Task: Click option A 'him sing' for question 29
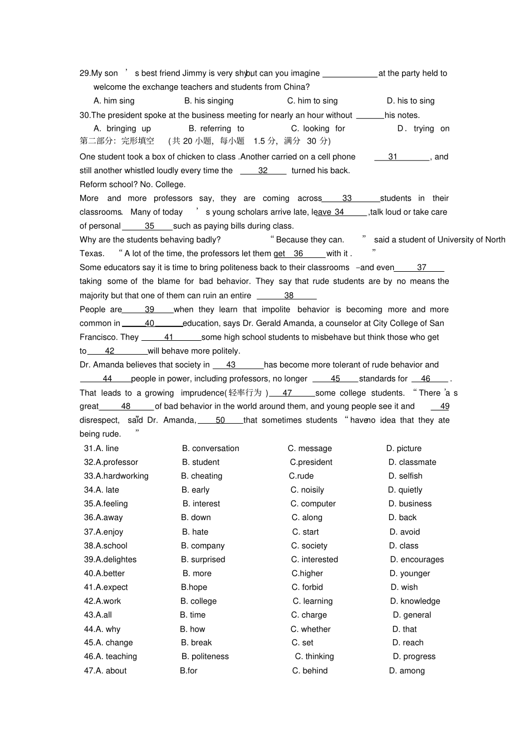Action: pos(114,101)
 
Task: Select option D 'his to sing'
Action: pos(410,101)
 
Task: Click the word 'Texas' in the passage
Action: pos(91,253)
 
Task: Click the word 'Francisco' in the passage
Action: pos(99,337)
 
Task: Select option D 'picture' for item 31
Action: pos(404,448)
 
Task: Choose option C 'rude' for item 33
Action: pos(301,476)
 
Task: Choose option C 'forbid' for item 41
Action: pos(307,587)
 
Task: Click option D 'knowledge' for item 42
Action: pos(415,601)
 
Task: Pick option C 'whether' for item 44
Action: pos(311,629)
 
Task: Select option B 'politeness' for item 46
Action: pos(205,657)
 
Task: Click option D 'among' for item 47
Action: pos(406,670)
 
